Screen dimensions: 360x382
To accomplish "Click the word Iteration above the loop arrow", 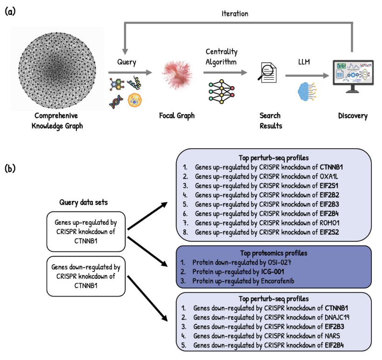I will click(x=234, y=14).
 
